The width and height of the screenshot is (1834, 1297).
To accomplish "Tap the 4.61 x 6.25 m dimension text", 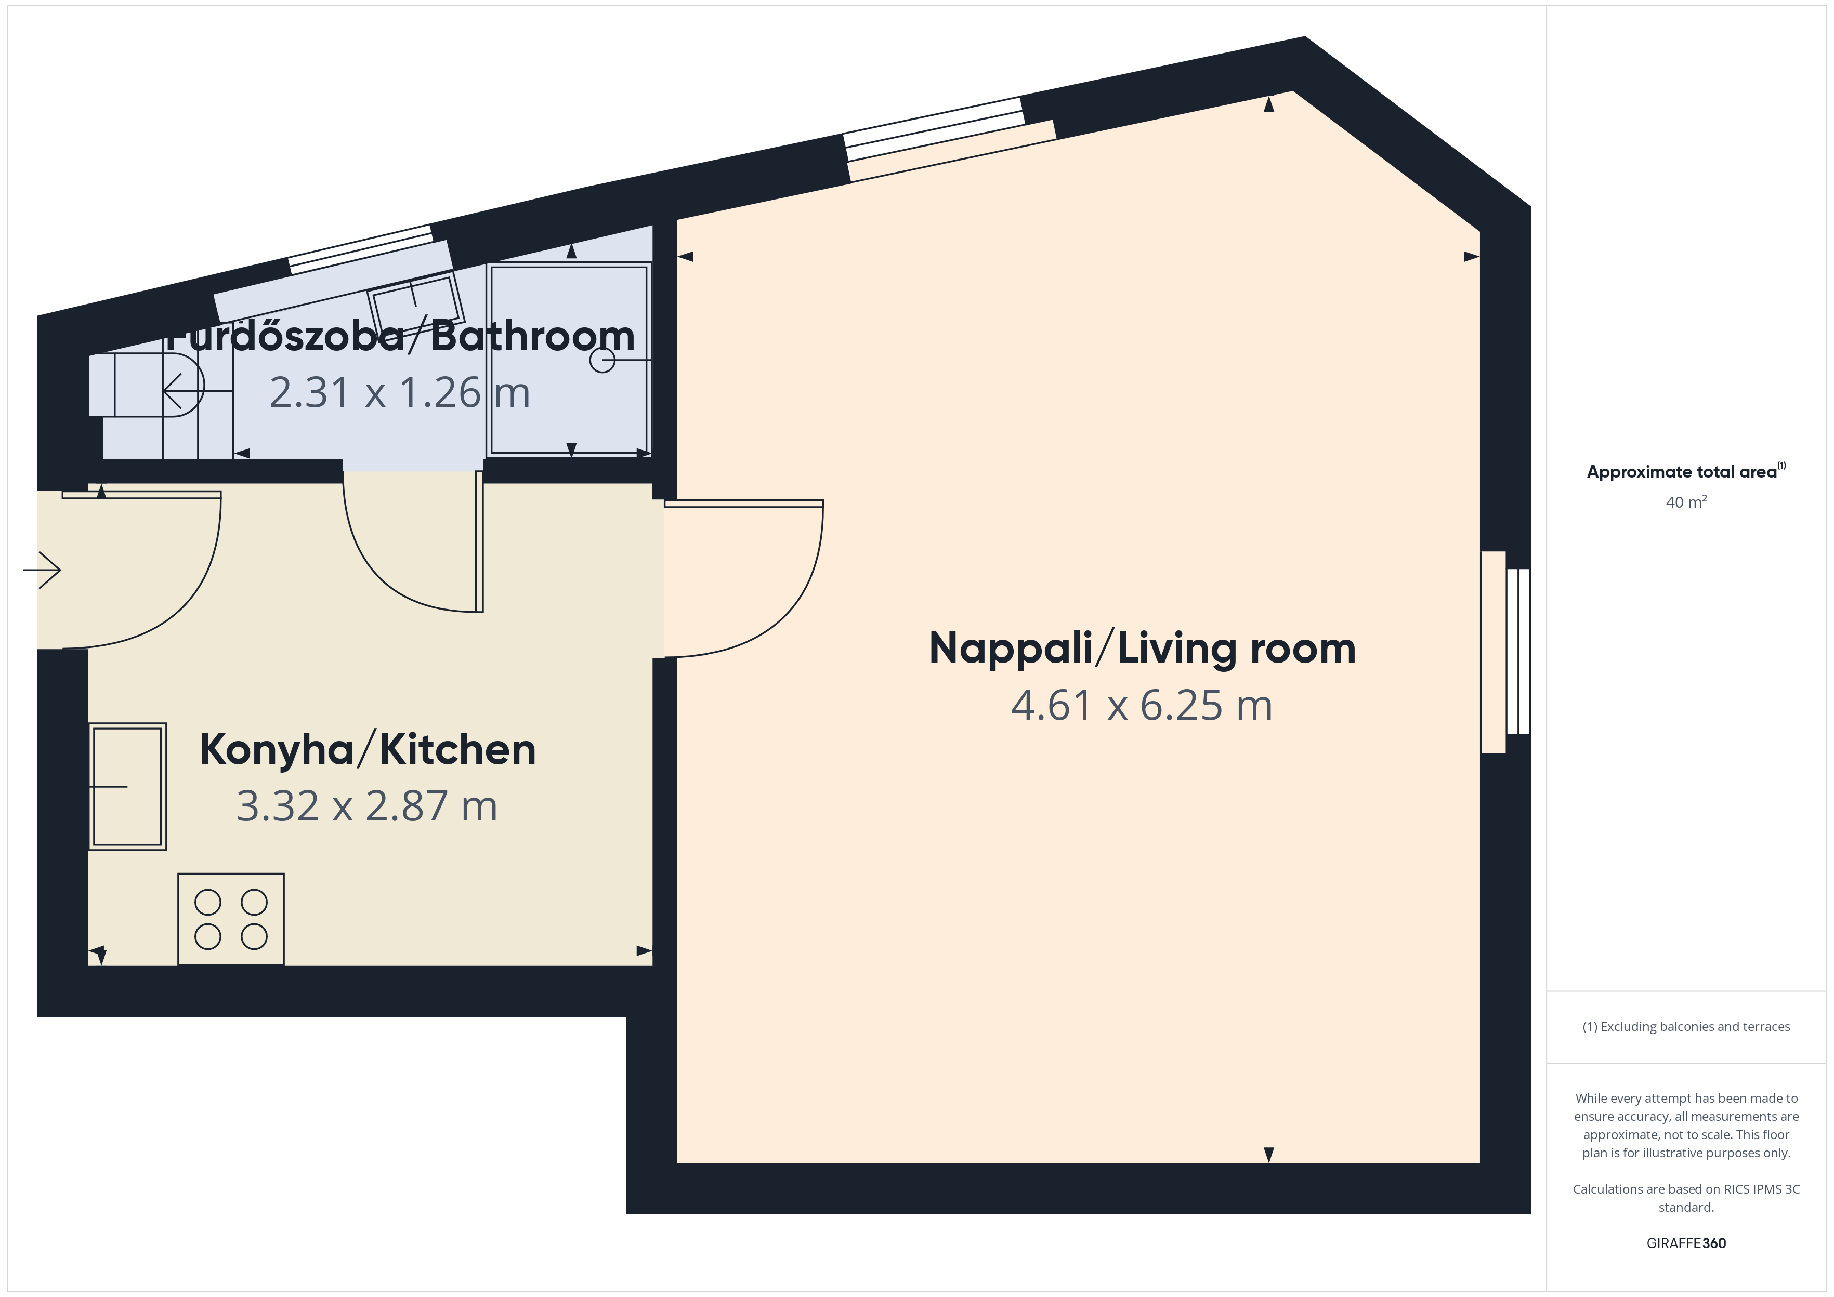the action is [x=1142, y=705].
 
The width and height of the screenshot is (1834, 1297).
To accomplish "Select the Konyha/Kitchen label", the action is [x=368, y=750].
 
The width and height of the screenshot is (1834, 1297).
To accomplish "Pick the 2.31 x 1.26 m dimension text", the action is [x=399, y=393].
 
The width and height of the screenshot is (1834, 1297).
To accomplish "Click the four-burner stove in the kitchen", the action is [x=231, y=919].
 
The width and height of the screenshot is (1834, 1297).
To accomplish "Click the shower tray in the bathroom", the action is [x=569, y=360].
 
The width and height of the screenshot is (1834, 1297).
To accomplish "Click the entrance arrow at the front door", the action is [x=42, y=570].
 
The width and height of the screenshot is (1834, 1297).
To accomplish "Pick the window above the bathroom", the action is [x=360, y=250].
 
